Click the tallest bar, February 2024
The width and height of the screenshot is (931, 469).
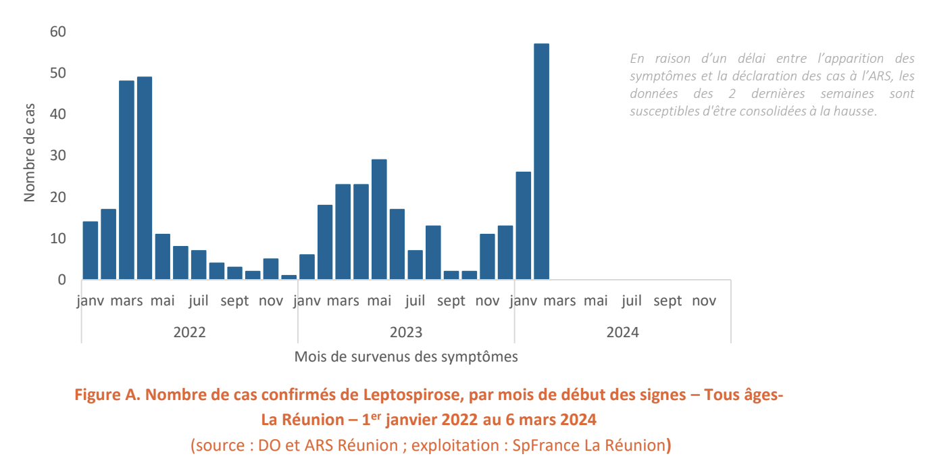point(541,162)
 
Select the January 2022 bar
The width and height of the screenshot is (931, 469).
point(91,250)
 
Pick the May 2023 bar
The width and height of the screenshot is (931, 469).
point(379,219)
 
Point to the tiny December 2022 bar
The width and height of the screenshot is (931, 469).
point(288,276)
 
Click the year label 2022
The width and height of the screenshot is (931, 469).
point(190,332)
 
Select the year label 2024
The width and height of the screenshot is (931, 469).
point(622,332)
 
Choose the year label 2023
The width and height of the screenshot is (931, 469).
point(406,332)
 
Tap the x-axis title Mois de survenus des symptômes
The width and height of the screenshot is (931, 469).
point(406,357)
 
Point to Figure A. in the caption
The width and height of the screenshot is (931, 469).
point(104,395)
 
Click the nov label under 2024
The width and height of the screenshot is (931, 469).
point(703,301)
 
